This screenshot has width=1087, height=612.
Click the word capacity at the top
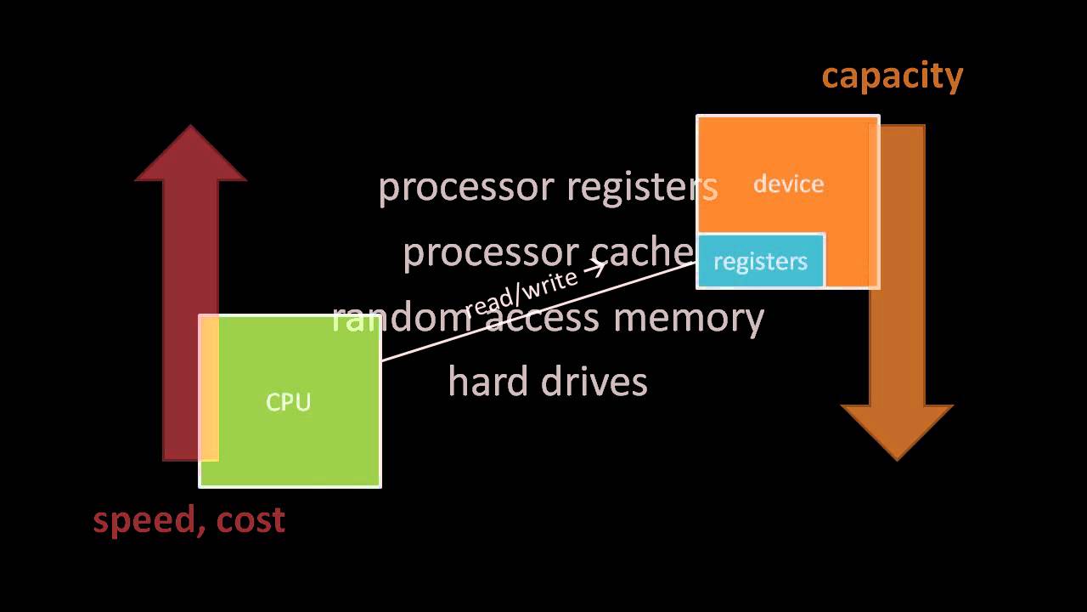(892, 76)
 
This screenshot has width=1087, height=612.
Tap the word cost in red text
(250, 520)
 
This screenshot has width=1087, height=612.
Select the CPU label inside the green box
(289, 401)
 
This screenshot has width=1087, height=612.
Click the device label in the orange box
(788, 184)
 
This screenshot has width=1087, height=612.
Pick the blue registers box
(760, 261)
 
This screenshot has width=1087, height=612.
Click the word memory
(689, 318)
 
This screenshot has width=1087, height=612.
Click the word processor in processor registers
(465, 187)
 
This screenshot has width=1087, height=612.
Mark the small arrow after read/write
(594, 269)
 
